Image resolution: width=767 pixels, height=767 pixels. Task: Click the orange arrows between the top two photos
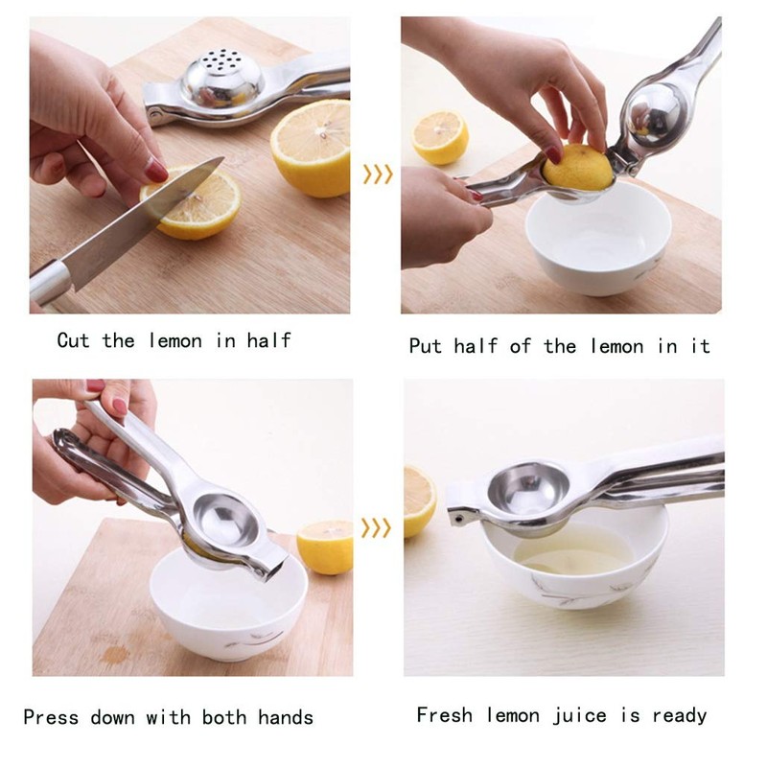pos(377,174)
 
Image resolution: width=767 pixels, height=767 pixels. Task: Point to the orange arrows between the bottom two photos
pos(377,527)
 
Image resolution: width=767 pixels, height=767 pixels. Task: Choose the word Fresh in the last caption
pos(447,715)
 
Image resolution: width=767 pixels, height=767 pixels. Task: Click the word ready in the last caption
pos(679,715)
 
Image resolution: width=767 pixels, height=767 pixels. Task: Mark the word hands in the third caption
pos(284,717)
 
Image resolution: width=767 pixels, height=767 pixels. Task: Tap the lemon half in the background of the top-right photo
pos(440,137)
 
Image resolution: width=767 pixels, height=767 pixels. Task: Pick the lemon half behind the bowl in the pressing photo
pos(325,546)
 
